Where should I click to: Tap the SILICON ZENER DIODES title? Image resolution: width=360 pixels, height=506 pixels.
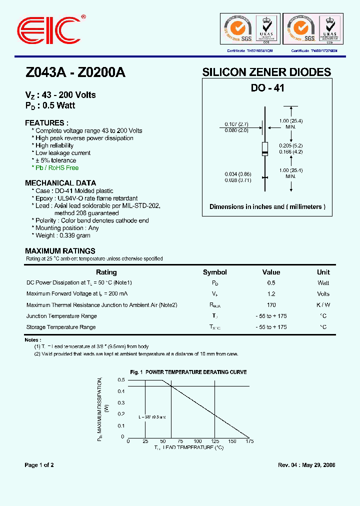click(x=266, y=72)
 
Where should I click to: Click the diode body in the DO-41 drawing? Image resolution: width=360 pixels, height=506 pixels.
click(x=265, y=148)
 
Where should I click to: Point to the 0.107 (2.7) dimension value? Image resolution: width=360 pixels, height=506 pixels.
click(x=236, y=123)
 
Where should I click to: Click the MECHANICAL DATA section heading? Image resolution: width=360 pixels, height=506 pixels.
click(x=60, y=183)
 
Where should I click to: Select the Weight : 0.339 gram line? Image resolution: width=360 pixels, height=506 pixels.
click(x=62, y=235)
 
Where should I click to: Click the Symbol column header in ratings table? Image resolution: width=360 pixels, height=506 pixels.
click(x=215, y=272)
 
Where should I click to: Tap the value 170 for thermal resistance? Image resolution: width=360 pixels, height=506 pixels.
click(x=271, y=305)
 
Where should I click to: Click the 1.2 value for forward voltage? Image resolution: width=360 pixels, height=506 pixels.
click(x=271, y=294)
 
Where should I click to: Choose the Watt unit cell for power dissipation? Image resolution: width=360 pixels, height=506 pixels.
click(x=323, y=283)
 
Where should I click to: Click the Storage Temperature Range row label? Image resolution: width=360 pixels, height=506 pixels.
click(x=61, y=327)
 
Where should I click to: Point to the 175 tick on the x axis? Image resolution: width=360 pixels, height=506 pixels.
click(x=249, y=441)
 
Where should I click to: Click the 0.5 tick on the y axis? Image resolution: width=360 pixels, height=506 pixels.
click(x=121, y=380)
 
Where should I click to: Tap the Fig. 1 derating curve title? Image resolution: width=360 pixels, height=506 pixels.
click(x=188, y=372)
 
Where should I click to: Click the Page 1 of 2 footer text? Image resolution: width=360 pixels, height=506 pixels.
click(x=39, y=465)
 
